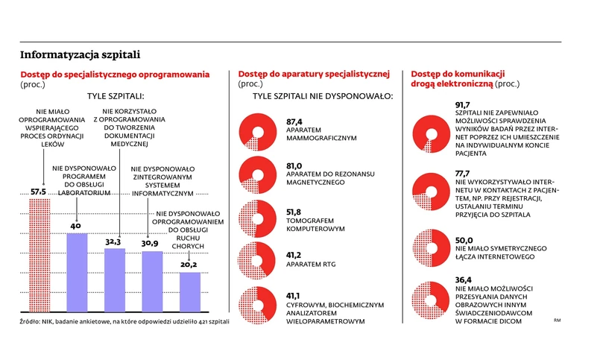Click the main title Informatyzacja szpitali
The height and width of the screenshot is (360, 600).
point(79,54)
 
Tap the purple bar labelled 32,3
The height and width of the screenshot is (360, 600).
point(114,280)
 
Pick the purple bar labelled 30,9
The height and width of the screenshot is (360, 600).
point(151,282)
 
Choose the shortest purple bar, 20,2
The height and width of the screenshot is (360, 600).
point(189,292)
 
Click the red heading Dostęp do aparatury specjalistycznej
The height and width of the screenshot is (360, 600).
point(314,74)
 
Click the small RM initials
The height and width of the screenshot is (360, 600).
point(557,320)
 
